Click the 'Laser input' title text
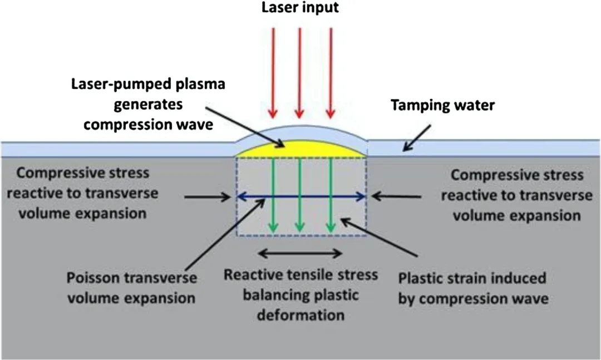[x=300, y=8]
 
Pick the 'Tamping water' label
[x=443, y=105]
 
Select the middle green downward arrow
[x=300, y=214]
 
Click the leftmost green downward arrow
[x=273, y=214]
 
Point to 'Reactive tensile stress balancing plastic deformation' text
[x=300, y=294]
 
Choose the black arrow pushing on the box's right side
[x=397, y=196]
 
